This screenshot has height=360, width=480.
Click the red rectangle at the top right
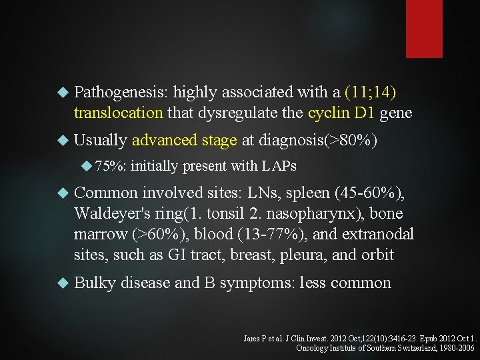(424, 29)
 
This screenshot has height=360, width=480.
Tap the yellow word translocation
(118, 113)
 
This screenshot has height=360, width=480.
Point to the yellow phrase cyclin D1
(341, 113)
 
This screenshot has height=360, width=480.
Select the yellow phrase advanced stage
(185, 140)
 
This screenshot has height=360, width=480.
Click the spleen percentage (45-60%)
(369, 193)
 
